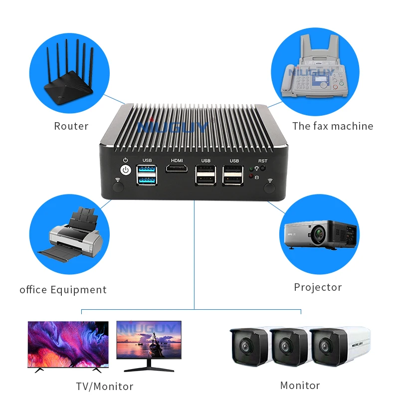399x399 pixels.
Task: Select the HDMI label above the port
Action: [177, 160]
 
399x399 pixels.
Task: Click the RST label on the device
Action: [262, 161]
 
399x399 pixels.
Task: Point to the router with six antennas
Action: [69, 79]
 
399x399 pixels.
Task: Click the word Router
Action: [71, 126]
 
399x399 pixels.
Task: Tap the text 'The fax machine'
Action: [333, 126]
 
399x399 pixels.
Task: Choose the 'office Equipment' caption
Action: [63, 290]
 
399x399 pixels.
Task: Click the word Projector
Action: [318, 287]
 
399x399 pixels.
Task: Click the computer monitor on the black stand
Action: [149, 344]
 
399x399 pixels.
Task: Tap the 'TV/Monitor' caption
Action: [105, 387]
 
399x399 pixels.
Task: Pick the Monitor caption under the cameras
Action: [300, 386]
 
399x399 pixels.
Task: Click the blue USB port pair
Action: [147, 176]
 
